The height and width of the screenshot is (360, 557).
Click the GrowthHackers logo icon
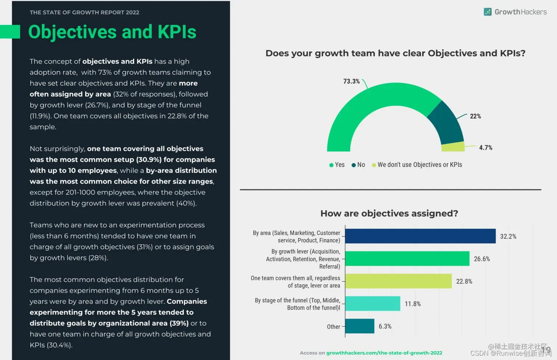pyautogui.click(x=487, y=12)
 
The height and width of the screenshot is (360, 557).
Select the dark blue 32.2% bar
pyautogui.click(x=420, y=236)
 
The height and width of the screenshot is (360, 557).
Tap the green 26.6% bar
pyautogui.click(x=407, y=258)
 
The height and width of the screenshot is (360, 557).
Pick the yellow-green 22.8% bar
pyautogui.click(x=398, y=281)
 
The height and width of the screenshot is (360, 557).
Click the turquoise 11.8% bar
pyautogui.click(x=372, y=303)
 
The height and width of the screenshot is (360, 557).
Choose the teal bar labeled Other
pyautogui.click(x=360, y=326)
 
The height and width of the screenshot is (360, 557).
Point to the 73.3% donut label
pyautogui.click(x=351, y=81)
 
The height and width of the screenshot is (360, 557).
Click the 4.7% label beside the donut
pyautogui.click(x=486, y=148)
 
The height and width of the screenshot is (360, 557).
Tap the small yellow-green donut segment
pyautogui.click(x=453, y=147)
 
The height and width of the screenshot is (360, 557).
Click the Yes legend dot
pyautogui.click(x=331, y=165)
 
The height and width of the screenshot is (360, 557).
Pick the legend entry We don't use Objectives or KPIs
pyautogui.click(x=419, y=165)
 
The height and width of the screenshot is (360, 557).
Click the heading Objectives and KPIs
pyautogui.click(x=112, y=32)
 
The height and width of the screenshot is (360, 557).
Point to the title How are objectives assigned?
pyautogui.click(x=389, y=213)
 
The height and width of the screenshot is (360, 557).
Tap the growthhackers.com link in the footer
pyautogui.click(x=384, y=353)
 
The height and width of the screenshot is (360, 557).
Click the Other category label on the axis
pyautogui.click(x=333, y=327)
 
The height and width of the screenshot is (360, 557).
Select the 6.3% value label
pyautogui.click(x=385, y=327)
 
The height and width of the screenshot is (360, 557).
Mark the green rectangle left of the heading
pyautogui.click(x=10, y=32)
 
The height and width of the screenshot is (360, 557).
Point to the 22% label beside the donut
pyautogui.click(x=475, y=116)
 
